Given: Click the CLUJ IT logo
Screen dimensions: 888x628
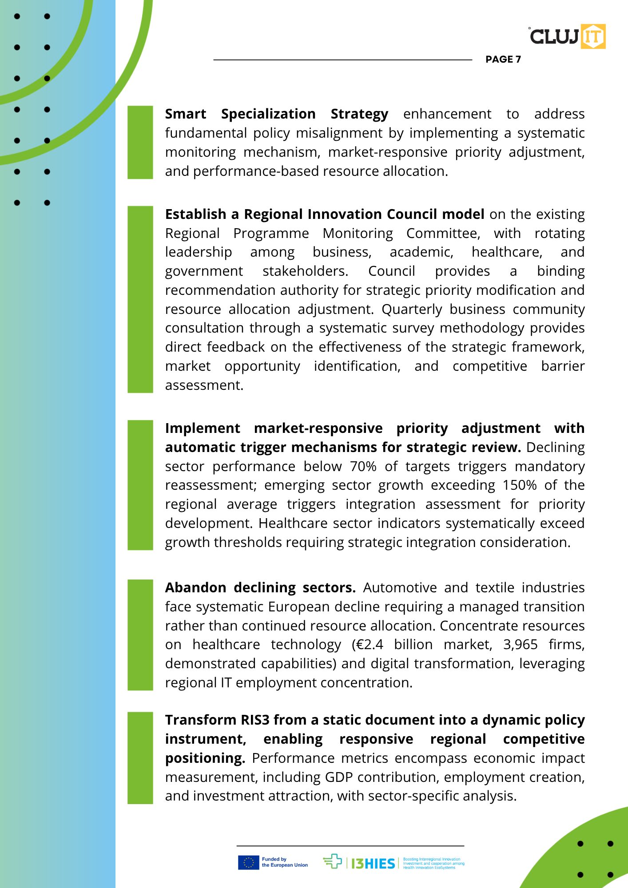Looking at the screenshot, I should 567,36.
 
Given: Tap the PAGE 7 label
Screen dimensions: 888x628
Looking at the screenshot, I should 503,59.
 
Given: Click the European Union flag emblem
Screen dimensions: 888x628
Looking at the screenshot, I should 248,862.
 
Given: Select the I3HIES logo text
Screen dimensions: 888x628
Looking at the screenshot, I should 373,863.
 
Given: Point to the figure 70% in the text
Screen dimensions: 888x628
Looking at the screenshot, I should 363,466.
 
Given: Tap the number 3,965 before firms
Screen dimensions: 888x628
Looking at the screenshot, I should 520,644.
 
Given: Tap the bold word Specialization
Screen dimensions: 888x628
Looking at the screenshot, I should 268,114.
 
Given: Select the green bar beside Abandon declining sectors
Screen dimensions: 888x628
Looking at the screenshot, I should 140,634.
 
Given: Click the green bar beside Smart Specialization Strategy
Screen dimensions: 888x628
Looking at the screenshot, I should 140,142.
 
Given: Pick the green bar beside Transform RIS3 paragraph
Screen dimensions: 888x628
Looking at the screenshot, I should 140,758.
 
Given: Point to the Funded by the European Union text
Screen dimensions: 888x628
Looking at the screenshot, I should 284,862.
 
